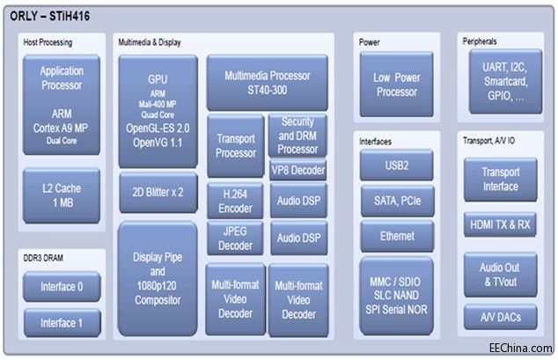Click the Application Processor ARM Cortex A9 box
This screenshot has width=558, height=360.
click(x=62, y=105)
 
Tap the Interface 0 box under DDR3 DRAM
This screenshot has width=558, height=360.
click(x=62, y=286)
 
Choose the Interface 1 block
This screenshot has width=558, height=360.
click(x=62, y=322)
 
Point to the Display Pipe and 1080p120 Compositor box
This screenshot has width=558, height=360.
click(x=158, y=278)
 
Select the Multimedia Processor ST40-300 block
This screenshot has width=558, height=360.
click(x=268, y=83)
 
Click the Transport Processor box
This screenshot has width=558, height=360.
click(x=235, y=146)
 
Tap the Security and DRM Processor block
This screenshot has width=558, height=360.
click(x=297, y=135)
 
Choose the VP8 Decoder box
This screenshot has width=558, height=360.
click(x=297, y=170)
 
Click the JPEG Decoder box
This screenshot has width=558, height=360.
click(x=235, y=237)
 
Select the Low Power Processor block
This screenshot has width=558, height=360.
click(x=397, y=84)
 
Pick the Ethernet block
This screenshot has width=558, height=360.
click(x=397, y=236)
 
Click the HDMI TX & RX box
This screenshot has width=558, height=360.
click(x=500, y=224)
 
